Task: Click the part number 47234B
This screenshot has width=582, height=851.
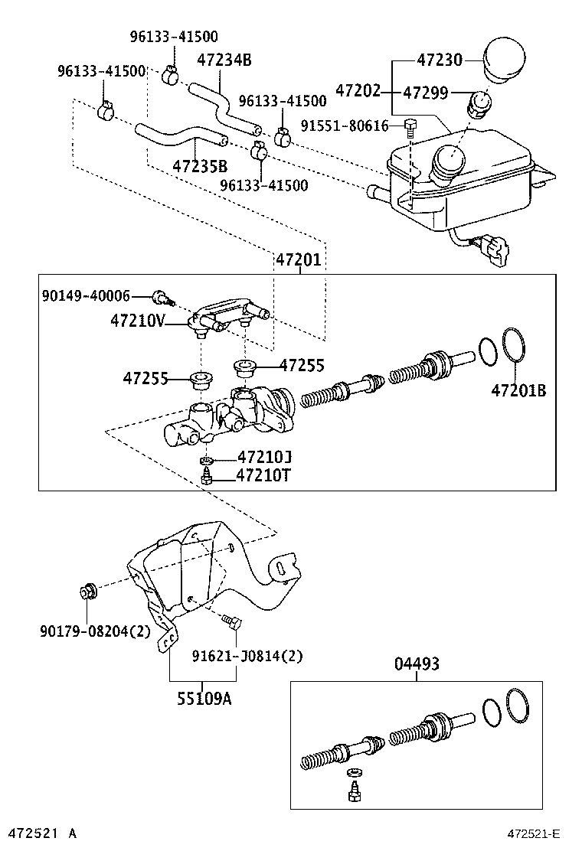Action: (x=224, y=60)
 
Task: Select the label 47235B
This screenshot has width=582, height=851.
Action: (x=199, y=165)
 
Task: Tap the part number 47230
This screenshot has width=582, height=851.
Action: (x=441, y=59)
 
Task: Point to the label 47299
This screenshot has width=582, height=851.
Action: (x=427, y=93)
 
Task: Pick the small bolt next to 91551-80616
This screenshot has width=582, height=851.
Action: (x=411, y=127)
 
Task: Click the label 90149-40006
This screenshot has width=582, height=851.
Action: (x=86, y=295)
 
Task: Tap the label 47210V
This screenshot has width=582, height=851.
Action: (x=137, y=321)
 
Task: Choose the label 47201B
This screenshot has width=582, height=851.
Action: (x=518, y=390)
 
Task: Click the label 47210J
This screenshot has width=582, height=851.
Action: (x=264, y=458)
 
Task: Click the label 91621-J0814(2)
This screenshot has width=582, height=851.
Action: (x=247, y=656)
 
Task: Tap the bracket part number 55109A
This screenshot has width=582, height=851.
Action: (x=203, y=697)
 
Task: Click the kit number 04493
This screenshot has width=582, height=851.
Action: (x=417, y=664)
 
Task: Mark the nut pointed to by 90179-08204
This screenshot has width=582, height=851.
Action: (x=87, y=592)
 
